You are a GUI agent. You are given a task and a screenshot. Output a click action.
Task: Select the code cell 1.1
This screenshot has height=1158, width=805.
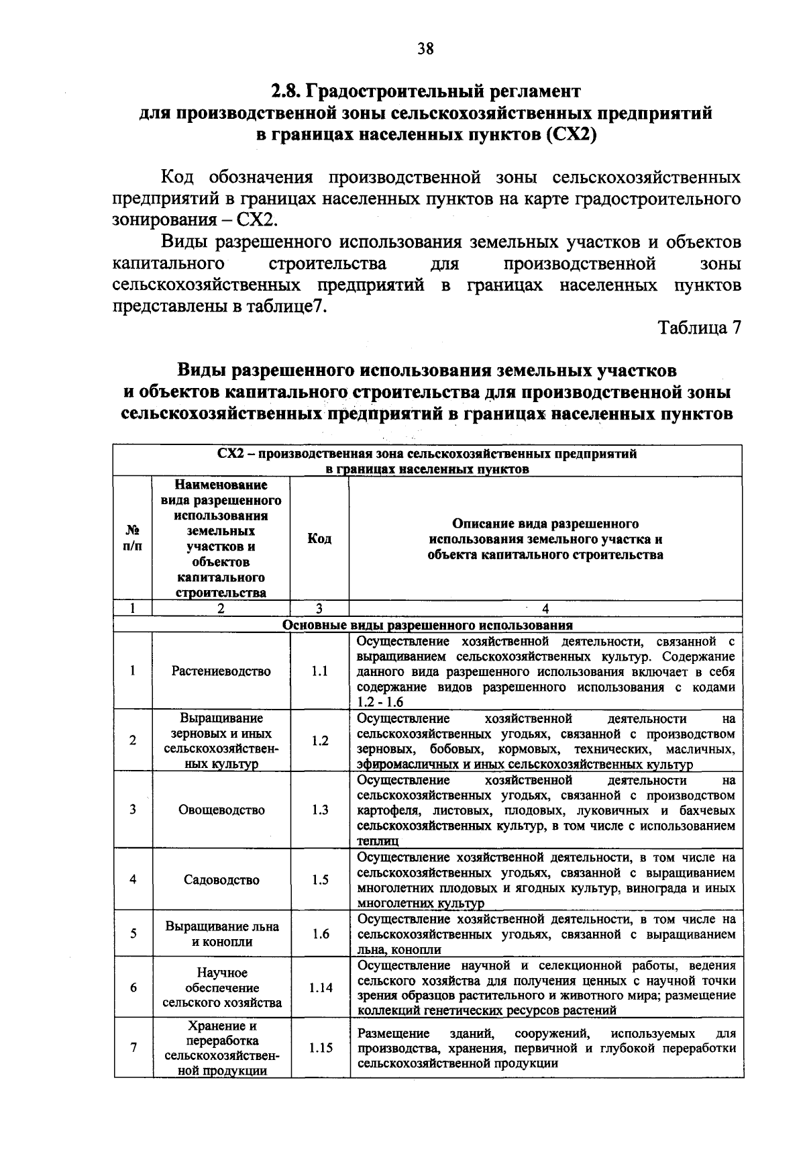coord(319,671)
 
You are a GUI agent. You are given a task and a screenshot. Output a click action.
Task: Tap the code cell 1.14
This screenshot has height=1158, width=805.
coord(320,987)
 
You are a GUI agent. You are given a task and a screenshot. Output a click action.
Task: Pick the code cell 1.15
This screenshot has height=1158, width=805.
coord(320,1047)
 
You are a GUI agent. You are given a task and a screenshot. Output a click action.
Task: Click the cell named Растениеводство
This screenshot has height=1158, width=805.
coord(221,671)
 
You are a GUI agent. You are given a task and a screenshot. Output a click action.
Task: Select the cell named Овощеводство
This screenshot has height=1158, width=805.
coord(221,810)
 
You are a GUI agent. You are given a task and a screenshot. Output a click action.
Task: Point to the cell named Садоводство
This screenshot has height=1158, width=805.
coord(221,879)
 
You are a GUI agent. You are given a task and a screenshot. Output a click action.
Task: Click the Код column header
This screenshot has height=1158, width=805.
coord(319,539)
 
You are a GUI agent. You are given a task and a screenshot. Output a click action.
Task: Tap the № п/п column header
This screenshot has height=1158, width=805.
coord(133,539)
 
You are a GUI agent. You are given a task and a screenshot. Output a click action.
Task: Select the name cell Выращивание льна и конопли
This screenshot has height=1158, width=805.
coord(221,934)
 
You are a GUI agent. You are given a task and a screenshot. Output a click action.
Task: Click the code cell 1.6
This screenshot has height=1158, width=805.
coord(320,934)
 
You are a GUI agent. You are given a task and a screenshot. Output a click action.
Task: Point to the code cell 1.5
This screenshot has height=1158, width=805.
coord(320,879)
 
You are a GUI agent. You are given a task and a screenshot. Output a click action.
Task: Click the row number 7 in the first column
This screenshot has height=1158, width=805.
coord(133,1047)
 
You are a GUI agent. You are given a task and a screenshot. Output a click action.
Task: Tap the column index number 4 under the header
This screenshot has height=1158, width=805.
coord(545,609)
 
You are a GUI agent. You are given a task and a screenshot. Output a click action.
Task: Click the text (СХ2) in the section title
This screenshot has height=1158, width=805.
coord(572,134)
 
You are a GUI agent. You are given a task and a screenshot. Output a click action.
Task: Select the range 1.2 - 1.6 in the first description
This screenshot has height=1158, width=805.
coord(380,702)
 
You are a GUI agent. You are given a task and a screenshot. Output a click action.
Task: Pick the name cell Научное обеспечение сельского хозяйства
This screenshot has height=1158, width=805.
coord(221,987)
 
